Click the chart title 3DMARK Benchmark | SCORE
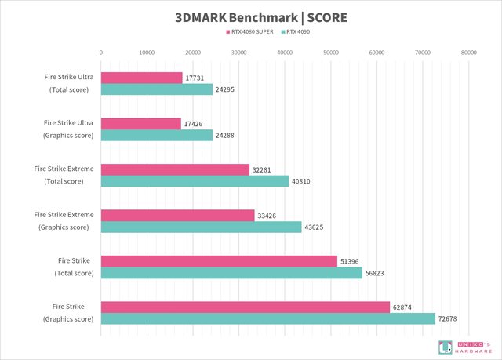click(x=251, y=16)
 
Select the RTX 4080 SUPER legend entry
click(x=251, y=33)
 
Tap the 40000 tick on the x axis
click(x=285, y=53)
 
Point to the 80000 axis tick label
click(x=468, y=53)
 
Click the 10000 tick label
click(x=147, y=53)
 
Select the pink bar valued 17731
click(x=141, y=78)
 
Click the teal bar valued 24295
click(x=157, y=89)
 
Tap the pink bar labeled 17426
click(x=140, y=124)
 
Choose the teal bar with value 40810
click(x=195, y=181)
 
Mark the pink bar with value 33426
click(x=178, y=216)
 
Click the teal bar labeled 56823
click(x=231, y=273)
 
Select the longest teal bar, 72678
click(x=267, y=318)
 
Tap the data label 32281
click(x=262, y=170)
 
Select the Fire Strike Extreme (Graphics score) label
click(x=64, y=220)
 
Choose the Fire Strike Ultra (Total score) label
click(x=68, y=83)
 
